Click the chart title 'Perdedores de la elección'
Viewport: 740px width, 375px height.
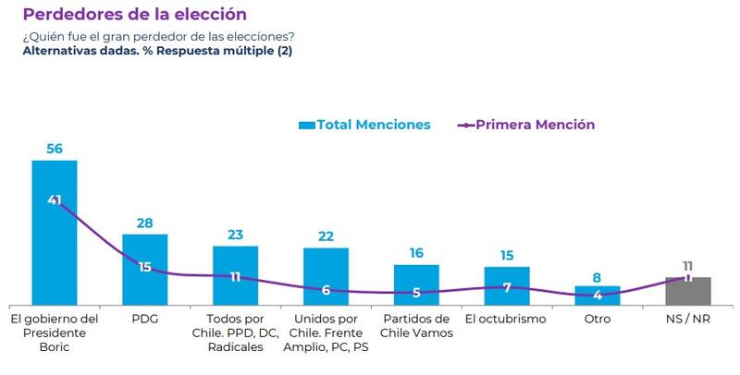coord(134,15)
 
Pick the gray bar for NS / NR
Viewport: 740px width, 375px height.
coord(688,291)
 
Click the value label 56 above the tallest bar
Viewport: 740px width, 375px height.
coord(55,148)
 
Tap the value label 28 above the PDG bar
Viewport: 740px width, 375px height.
coord(145,223)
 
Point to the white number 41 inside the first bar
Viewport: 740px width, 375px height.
coord(55,200)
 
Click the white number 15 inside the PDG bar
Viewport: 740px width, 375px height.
coord(145,268)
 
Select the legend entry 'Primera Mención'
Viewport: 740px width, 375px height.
coord(526,125)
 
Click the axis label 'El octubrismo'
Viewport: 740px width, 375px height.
coord(506,319)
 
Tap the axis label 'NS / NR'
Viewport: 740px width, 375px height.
coord(688,319)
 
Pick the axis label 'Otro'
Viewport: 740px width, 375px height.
coord(598,319)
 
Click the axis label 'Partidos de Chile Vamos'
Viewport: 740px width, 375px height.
coord(416,326)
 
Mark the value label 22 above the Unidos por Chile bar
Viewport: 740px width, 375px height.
coord(326,236)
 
